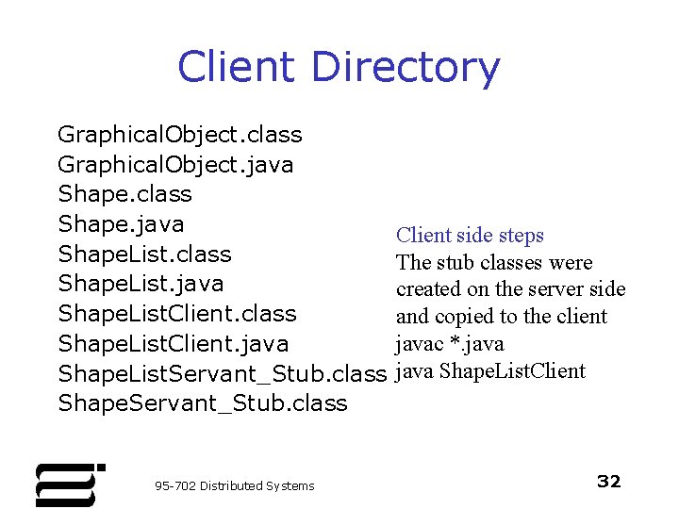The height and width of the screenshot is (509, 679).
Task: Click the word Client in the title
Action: click(236, 68)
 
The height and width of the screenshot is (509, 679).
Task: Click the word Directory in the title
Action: click(405, 68)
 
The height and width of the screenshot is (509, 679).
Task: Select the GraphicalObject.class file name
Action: click(179, 135)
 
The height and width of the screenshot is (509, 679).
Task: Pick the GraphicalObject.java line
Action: click(175, 165)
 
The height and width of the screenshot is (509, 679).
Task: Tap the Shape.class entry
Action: click(124, 194)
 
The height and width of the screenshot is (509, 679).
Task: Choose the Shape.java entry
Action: click(121, 224)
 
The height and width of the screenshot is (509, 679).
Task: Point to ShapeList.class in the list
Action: click(144, 254)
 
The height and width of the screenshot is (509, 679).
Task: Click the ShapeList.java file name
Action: click(141, 284)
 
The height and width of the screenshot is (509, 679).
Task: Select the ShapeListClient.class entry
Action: click(177, 314)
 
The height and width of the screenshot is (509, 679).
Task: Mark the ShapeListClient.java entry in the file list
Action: click(174, 344)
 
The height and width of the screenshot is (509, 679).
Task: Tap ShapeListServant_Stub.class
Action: click(223, 373)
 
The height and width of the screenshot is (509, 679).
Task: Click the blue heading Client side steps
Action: click(470, 236)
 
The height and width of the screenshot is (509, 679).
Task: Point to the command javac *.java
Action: click(450, 343)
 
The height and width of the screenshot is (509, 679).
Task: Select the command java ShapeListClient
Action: click(490, 370)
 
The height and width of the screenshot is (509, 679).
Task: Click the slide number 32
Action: click(609, 482)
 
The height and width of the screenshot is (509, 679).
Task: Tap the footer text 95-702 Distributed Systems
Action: click(234, 485)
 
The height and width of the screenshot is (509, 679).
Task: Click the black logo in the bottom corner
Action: click(68, 484)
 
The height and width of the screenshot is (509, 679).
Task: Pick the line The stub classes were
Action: click(494, 262)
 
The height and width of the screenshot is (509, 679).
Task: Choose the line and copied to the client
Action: click(502, 317)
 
